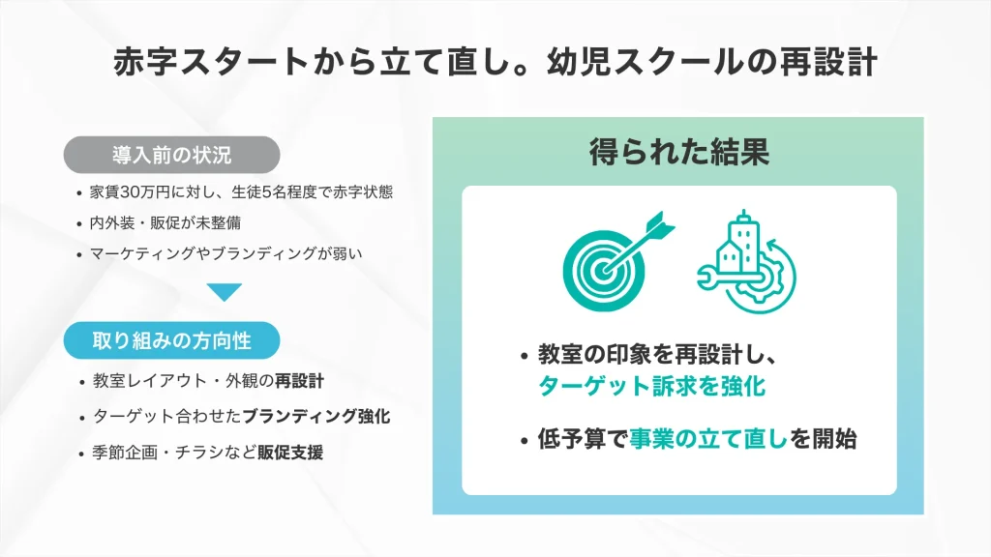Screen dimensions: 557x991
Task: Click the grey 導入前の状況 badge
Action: click(x=171, y=154)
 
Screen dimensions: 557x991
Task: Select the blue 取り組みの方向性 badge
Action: click(x=171, y=340)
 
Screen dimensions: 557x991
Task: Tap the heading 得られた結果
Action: click(x=678, y=152)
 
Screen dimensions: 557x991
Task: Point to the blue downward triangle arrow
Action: click(x=224, y=291)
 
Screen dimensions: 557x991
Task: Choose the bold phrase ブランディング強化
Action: click(x=316, y=417)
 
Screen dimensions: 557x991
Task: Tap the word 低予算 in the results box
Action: click(x=571, y=439)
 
